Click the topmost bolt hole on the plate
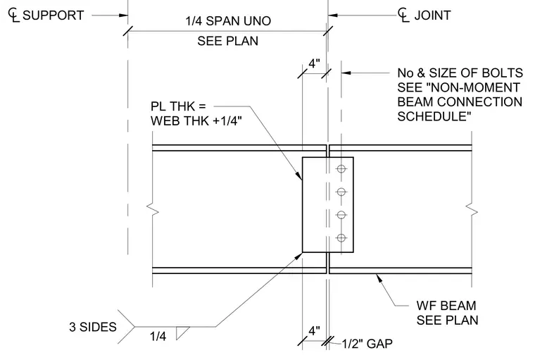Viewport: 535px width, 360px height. point(341,169)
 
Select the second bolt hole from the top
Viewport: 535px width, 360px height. point(341,192)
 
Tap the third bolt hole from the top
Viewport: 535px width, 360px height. point(341,215)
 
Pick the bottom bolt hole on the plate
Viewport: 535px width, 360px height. point(341,237)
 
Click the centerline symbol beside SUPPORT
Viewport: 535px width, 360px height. point(13,15)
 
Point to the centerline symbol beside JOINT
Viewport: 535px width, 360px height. point(403,15)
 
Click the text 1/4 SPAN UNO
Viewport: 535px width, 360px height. point(228,21)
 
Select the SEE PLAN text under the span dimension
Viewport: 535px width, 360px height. point(228,41)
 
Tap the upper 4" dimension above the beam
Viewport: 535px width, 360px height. point(314,63)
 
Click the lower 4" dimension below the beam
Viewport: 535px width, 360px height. point(314,330)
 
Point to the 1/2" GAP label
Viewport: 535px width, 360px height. point(367,344)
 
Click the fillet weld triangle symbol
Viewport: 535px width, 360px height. point(182,333)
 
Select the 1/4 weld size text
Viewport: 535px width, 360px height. point(158,337)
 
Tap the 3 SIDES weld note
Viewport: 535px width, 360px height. point(93,327)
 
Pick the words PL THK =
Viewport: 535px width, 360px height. point(178,106)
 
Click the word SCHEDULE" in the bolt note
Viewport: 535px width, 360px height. point(434,116)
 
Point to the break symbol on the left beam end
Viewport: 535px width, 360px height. point(153,209)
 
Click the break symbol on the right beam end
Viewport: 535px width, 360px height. point(472,209)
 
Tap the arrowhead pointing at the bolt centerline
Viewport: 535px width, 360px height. point(346,73)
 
